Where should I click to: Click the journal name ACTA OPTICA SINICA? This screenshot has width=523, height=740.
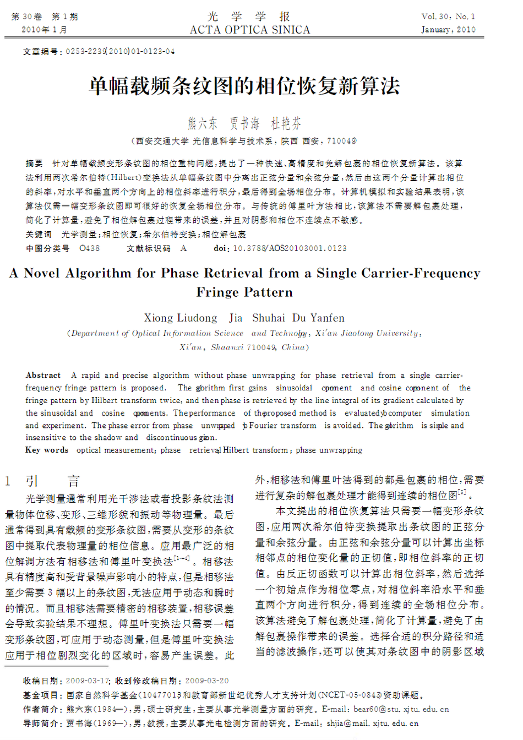250,30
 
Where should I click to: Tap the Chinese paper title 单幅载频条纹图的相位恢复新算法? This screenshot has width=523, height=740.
244,86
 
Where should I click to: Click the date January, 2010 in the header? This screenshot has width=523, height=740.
448,30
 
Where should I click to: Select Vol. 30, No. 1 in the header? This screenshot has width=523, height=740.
448,17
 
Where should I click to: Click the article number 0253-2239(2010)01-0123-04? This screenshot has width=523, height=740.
120,51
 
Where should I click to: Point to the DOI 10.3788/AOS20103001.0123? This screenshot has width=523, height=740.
290,248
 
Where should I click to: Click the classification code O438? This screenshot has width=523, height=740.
90,248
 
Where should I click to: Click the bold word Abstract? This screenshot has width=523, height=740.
43,376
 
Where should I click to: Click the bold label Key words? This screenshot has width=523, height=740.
47,450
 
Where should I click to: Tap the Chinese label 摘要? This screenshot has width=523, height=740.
34,164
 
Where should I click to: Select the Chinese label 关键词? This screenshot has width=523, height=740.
38,235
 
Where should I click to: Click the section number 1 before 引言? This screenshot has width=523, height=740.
8,482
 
